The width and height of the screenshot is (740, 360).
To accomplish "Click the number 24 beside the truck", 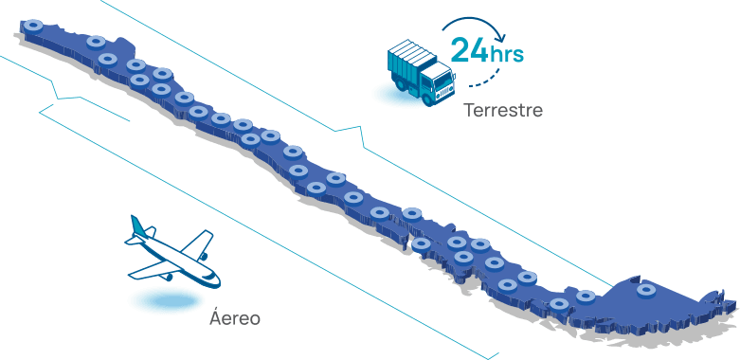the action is (x=469, y=50).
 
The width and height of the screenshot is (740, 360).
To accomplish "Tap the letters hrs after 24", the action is (x=506, y=54).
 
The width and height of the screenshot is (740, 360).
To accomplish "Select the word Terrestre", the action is (x=503, y=111).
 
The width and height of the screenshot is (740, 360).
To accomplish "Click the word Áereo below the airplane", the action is (x=235, y=317).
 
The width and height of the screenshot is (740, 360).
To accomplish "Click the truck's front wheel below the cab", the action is (x=427, y=98).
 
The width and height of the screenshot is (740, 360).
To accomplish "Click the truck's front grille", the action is (x=445, y=93).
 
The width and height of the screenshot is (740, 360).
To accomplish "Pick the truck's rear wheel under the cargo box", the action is (x=400, y=85).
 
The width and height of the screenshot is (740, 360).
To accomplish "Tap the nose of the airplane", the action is (x=217, y=282).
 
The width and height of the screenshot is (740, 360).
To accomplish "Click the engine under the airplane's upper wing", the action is (x=204, y=256).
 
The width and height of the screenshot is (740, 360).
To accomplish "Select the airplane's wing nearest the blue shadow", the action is (x=154, y=270).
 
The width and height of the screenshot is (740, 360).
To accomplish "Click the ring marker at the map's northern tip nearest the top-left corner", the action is (x=33, y=26).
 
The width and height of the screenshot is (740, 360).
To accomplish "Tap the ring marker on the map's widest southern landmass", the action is (x=645, y=290).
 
